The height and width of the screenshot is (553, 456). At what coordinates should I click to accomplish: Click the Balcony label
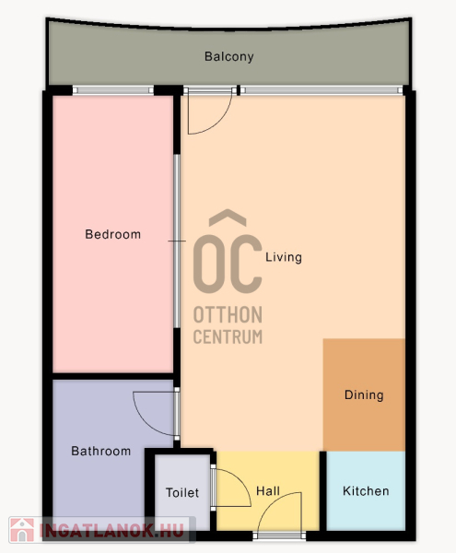(x=229, y=57)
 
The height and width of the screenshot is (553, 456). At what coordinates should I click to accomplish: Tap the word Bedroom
(x=112, y=234)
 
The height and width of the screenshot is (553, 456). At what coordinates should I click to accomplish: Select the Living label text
(x=284, y=257)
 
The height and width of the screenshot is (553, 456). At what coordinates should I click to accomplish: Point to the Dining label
(x=364, y=395)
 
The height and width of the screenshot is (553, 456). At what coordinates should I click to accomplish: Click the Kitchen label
(x=366, y=491)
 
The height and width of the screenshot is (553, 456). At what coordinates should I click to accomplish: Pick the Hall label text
(x=268, y=491)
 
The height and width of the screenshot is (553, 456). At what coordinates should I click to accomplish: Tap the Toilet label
(x=182, y=493)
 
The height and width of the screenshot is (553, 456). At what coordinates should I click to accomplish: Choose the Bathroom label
(x=100, y=451)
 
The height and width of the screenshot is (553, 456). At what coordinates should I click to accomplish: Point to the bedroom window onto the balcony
(x=113, y=90)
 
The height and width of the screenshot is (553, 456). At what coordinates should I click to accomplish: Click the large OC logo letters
(x=228, y=264)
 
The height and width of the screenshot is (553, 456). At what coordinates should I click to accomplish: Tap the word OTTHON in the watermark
(x=228, y=314)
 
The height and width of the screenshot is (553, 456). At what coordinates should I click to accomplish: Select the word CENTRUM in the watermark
(x=228, y=336)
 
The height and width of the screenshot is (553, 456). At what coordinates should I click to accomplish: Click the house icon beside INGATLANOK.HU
(x=22, y=530)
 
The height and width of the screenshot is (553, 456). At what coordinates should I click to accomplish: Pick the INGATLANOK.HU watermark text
(x=112, y=530)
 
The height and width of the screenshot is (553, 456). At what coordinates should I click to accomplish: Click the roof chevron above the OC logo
(x=228, y=217)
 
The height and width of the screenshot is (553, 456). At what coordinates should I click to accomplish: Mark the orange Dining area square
(x=364, y=394)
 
